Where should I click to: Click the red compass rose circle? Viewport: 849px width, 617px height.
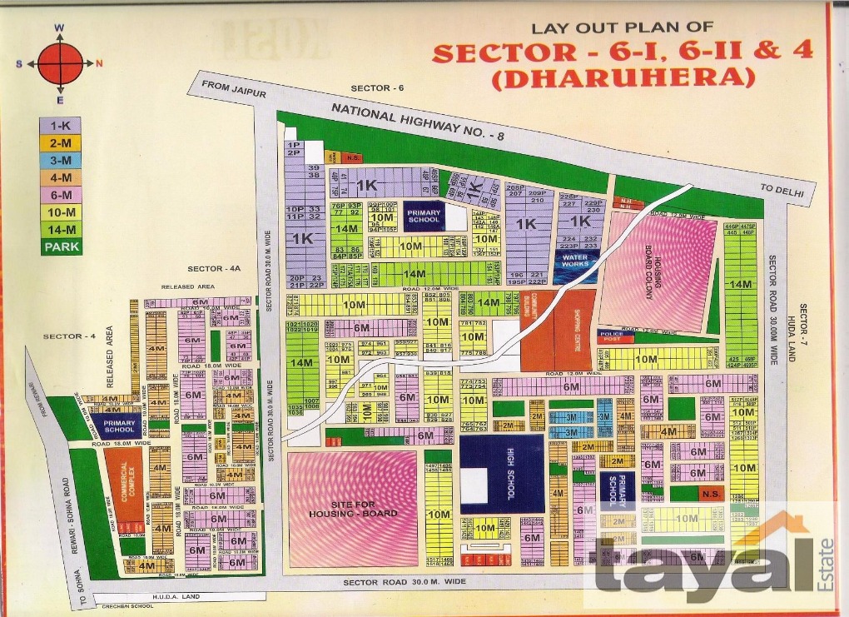click(x=60, y=63)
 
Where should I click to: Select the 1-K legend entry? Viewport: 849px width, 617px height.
click(x=60, y=125)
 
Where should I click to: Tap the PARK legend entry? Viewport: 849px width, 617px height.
click(x=60, y=246)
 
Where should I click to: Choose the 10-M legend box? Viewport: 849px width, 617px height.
click(x=60, y=211)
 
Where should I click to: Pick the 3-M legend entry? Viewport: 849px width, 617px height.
click(x=60, y=160)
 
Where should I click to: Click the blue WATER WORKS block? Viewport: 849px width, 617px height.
click(x=575, y=261)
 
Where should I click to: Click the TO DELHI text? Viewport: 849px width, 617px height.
click(x=784, y=192)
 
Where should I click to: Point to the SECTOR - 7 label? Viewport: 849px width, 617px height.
click(x=804, y=326)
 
